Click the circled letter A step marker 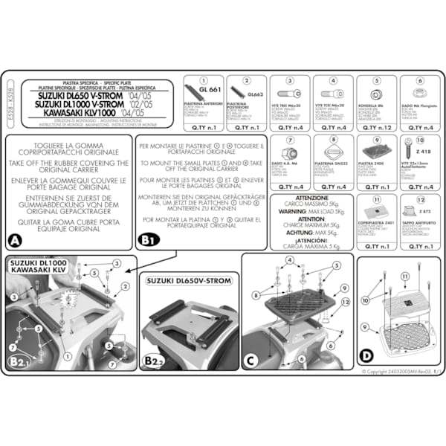(14, 240)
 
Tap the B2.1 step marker (19, 361)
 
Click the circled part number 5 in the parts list (377, 81)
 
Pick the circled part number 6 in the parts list (420, 81)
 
